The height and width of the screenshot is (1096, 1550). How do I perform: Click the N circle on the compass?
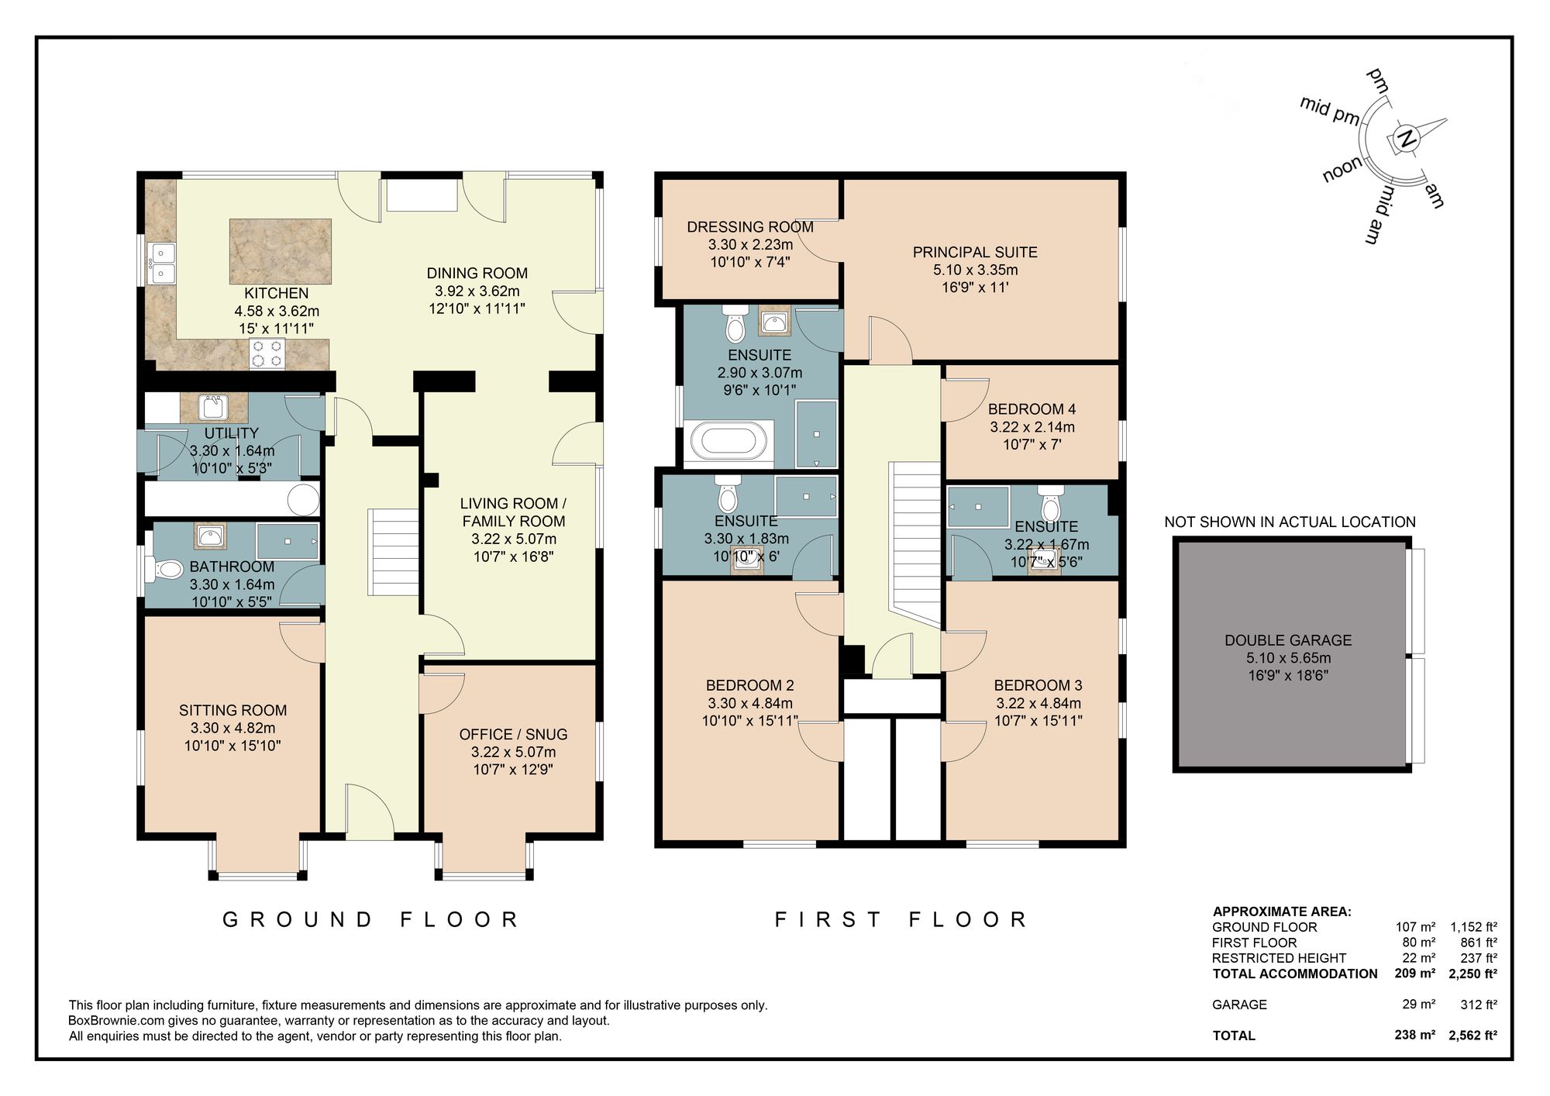[x=1406, y=140]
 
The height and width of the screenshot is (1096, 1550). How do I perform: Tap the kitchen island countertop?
[x=280, y=250]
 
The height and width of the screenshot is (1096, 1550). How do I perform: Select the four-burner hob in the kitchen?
[x=267, y=353]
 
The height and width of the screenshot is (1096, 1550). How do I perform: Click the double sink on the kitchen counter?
[x=163, y=263]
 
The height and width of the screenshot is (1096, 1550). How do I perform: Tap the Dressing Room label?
[x=749, y=227]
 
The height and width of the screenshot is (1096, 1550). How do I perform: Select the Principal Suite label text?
[x=974, y=252]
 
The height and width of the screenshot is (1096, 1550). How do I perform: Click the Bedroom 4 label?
[x=1032, y=409]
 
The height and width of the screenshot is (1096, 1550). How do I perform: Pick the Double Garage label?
[x=1287, y=640]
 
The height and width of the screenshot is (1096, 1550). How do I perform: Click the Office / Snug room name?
[x=513, y=734]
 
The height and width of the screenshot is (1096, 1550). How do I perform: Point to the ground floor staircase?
[x=394, y=552]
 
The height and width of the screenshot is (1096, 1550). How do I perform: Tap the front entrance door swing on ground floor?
[x=370, y=812]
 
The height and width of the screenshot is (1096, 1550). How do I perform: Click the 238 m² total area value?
[x=1414, y=1035]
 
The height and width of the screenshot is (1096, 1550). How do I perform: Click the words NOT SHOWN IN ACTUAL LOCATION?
[x=1290, y=522]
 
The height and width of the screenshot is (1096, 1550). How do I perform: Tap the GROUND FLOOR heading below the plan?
[x=370, y=920]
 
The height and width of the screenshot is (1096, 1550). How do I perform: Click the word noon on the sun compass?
[x=1342, y=169]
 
